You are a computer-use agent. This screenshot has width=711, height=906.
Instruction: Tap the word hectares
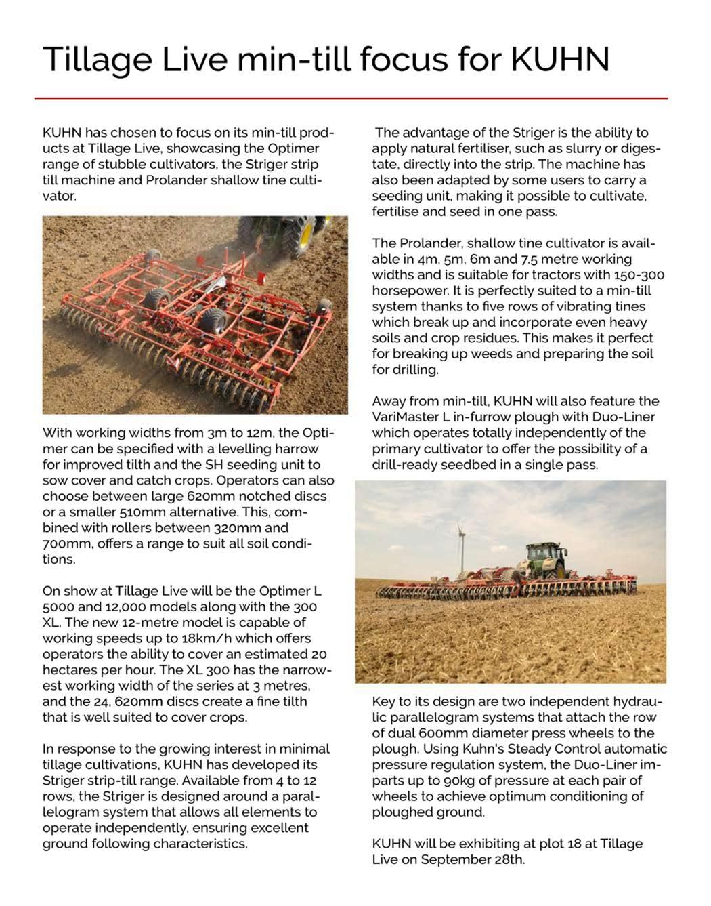71,670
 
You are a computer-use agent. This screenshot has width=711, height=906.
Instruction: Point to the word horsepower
411,291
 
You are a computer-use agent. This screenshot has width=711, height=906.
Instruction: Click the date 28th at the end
509,860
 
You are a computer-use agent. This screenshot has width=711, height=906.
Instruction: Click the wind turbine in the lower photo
460,543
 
